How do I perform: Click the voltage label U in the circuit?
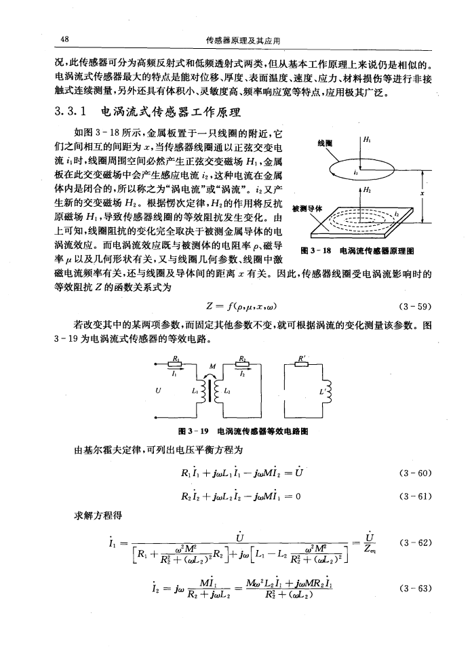coord(159,391)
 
